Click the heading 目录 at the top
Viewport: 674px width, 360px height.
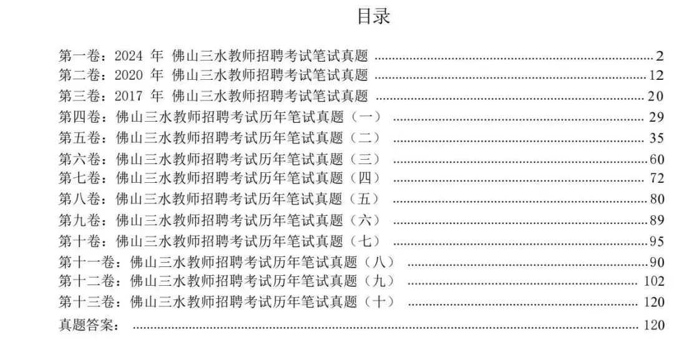[x=373, y=17]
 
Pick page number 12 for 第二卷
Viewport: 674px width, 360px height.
[x=656, y=76]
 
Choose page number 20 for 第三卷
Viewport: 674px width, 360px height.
[x=656, y=97]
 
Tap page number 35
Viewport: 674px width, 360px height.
[x=656, y=138]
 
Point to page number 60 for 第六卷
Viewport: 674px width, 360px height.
[x=656, y=159]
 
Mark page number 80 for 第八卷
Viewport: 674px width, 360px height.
[x=656, y=200]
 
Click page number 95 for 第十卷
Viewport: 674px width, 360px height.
[x=656, y=241]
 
